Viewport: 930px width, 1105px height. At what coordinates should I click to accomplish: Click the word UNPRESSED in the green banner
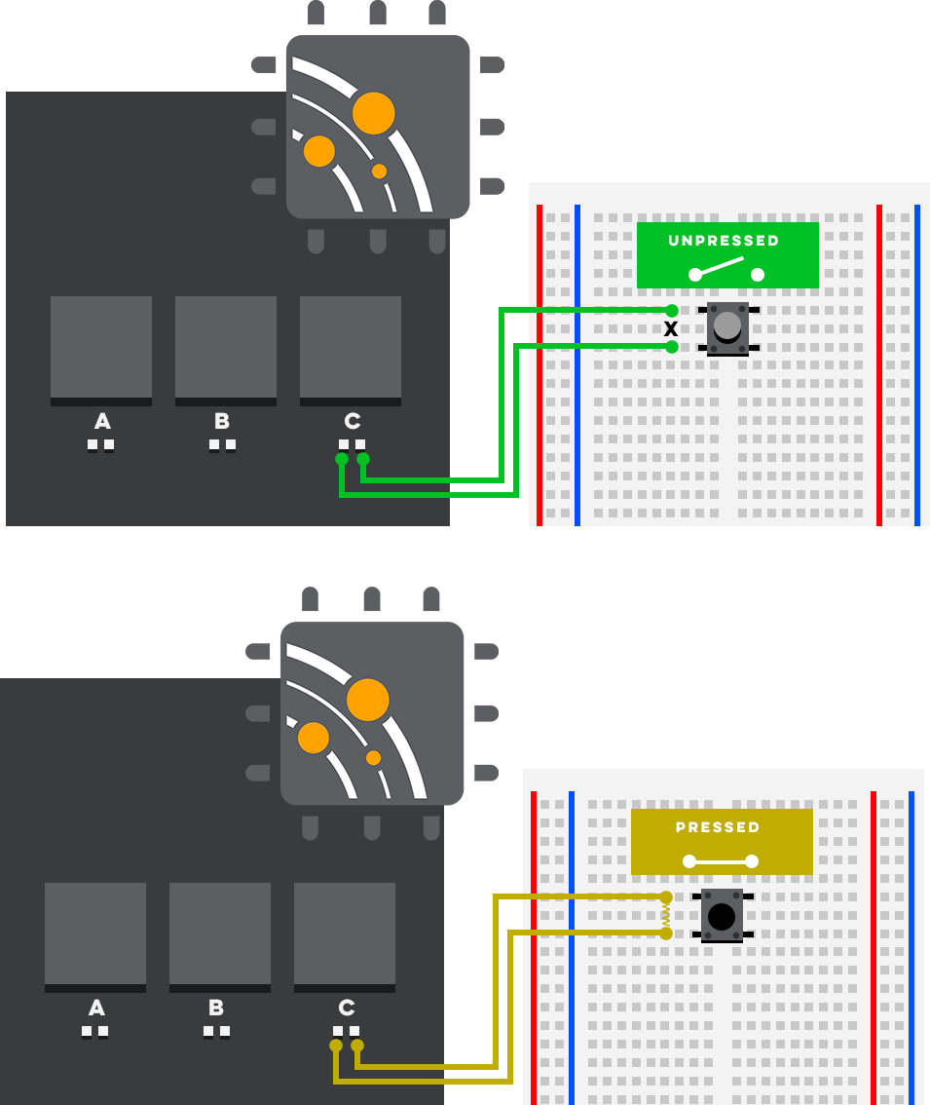pyautogui.click(x=724, y=241)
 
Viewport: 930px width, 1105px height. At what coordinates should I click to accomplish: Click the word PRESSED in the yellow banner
pyautogui.click(x=718, y=827)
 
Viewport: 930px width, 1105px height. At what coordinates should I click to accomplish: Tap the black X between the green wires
pyautogui.click(x=671, y=328)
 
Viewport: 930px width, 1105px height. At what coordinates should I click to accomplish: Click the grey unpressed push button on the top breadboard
pyautogui.click(x=727, y=328)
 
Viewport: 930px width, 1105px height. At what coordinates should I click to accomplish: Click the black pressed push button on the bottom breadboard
pyautogui.click(x=723, y=915)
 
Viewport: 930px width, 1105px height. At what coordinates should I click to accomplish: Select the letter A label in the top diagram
pyautogui.click(x=103, y=421)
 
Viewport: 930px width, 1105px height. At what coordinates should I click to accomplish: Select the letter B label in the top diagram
pyautogui.click(x=222, y=421)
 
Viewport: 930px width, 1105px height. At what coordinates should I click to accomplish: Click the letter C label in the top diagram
pyautogui.click(x=353, y=421)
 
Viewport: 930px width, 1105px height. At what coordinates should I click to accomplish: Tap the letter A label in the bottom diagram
pyautogui.click(x=97, y=1008)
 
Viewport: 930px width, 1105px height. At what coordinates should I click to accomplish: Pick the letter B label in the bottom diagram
pyautogui.click(x=216, y=1008)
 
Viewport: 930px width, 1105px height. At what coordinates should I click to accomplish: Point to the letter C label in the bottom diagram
pyautogui.click(x=347, y=1008)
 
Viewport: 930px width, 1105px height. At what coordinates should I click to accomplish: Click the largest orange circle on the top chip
pyautogui.click(x=373, y=113)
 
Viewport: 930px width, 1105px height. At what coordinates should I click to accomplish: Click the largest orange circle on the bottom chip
pyautogui.click(x=368, y=700)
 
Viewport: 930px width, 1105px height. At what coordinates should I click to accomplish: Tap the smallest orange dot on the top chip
pyautogui.click(x=379, y=171)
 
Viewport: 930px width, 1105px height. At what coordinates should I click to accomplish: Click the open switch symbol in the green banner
pyautogui.click(x=726, y=269)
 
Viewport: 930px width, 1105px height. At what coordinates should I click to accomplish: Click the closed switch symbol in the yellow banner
pyautogui.click(x=721, y=861)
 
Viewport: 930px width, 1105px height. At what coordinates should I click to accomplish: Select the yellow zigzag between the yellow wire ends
pyautogui.click(x=666, y=915)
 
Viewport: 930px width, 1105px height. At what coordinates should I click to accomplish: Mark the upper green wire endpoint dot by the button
pyautogui.click(x=672, y=311)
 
